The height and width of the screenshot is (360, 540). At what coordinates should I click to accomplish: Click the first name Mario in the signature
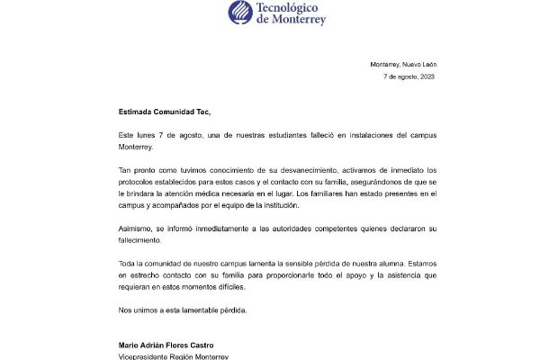130,343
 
